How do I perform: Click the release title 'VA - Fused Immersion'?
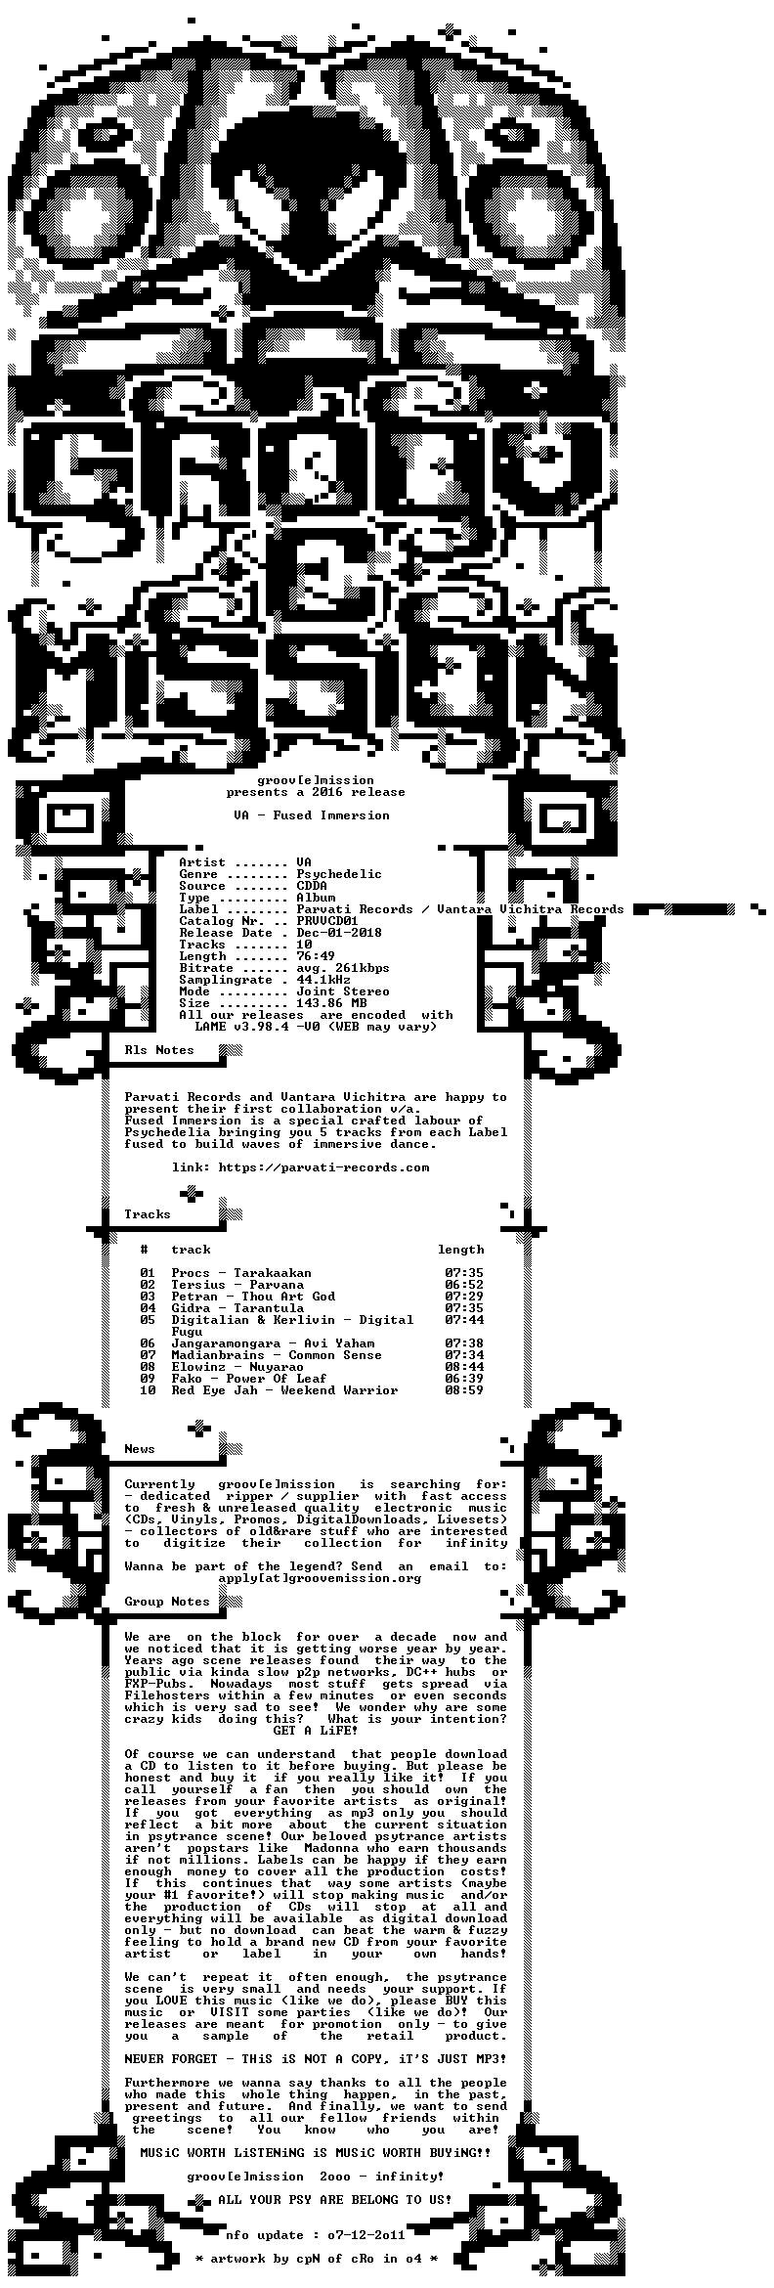click(312, 815)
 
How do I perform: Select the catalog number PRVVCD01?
click(327, 921)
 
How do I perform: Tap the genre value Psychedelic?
click(339, 874)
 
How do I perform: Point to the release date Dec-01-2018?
click(339, 933)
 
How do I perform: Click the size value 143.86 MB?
click(331, 1003)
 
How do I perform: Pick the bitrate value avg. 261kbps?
click(343, 968)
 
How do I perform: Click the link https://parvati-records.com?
click(323, 1167)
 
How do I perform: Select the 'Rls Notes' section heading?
click(159, 1050)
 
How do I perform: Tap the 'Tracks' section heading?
click(148, 1214)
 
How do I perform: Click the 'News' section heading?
click(140, 1449)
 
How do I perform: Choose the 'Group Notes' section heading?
click(167, 1602)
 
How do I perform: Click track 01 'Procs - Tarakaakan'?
click(241, 1273)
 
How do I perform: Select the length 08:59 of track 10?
click(464, 1390)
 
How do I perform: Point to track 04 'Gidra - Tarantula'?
click(237, 1308)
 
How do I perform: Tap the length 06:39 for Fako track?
click(464, 1379)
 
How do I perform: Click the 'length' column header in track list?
click(460, 1250)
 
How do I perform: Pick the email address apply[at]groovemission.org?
click(320, 1578)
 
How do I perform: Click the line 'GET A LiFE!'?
click(316, 1731)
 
